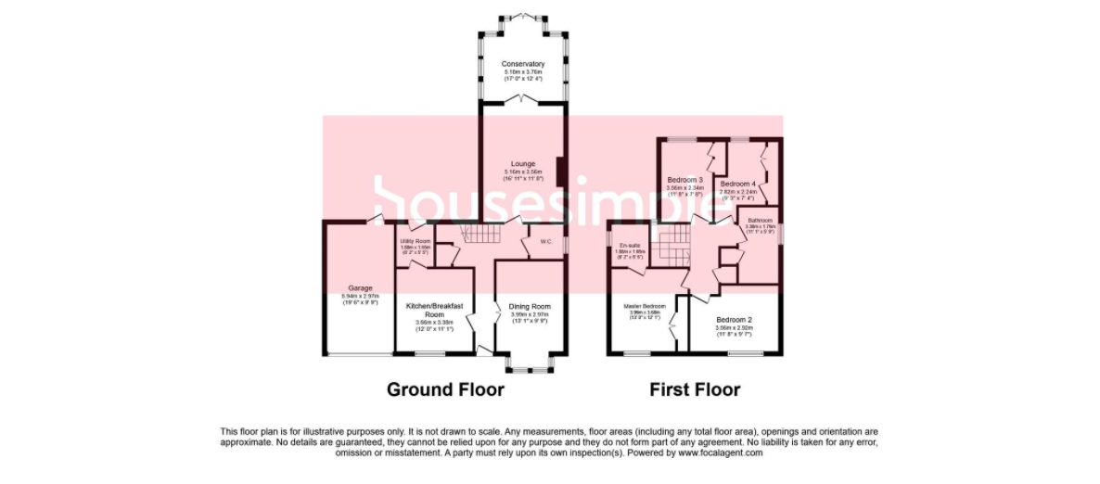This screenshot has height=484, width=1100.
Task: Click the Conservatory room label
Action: [x=524, y=64]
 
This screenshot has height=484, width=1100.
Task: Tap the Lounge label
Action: [x=522, y=164]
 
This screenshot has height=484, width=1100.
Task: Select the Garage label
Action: [x=360, y=287]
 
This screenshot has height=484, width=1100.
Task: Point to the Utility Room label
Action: [x=416, y=241]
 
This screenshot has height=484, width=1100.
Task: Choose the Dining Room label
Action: [x=530, y=306]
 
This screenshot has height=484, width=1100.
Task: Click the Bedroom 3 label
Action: [x=685, y=179]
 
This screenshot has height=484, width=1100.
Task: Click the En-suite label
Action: [x=630, y=245]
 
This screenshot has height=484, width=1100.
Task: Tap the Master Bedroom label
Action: [x=644, y=306]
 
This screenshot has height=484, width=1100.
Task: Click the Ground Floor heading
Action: [x=445, y=389]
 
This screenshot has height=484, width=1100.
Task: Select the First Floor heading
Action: [x=694, y=389]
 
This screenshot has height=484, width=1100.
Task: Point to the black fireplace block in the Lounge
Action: [x=561, y=171]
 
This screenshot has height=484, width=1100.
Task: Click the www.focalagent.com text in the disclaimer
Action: [x=720, y=452]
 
